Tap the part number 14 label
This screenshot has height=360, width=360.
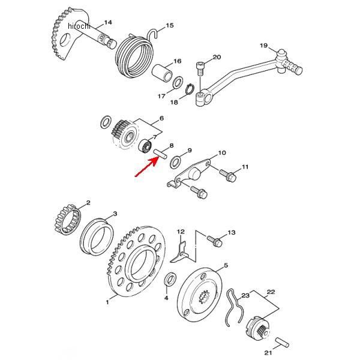(x=108, y=23)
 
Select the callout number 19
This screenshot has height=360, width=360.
(x=263, y=46)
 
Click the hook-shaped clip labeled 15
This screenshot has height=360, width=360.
(x=156, y=32)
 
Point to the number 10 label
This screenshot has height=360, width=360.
(x=221, y=154)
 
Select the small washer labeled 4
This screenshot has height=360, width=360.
(x=170, y=280)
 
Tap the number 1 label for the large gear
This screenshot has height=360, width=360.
(x=108, y=302)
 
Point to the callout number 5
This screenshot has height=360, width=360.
(x=226, y=265)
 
